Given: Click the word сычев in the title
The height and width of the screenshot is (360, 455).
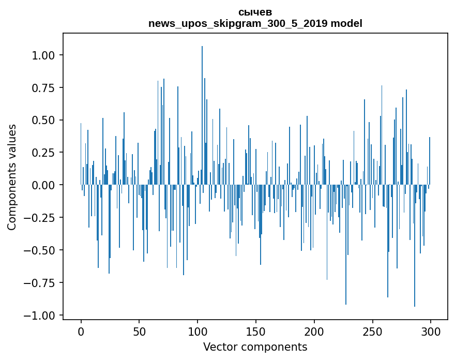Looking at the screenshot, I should [x=255, y=12].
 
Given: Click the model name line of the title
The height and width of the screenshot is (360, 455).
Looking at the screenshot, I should [x=255, y=23].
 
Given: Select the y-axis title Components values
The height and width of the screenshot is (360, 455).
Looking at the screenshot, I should [x=12, y=177].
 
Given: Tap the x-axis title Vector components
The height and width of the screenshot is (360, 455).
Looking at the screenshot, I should [x=255, y=347].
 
